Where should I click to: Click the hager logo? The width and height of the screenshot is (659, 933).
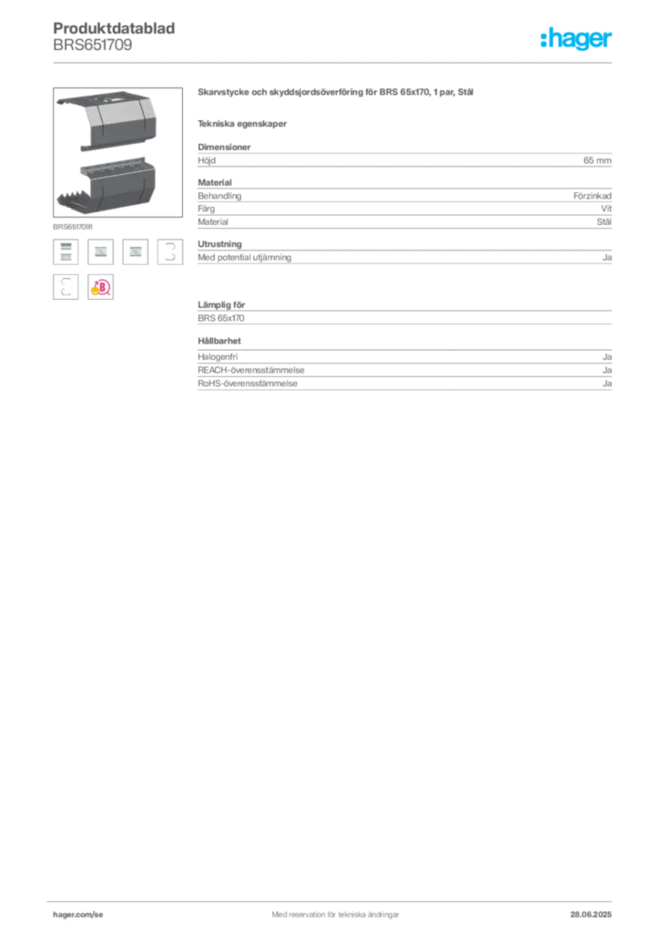(576, 38)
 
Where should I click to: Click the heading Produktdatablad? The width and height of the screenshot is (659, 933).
(114, 28)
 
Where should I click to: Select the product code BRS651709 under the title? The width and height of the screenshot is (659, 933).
(93, 46)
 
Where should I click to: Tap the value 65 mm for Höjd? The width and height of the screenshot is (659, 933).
(597, 160)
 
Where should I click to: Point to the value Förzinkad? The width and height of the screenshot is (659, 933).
(593, 196)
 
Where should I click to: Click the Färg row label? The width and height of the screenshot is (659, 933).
(207, 209)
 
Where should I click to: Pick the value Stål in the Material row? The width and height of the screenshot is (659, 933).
(604, 222)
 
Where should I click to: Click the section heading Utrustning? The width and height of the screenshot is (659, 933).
(220, 244)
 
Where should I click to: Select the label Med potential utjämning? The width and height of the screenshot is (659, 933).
(244, 258)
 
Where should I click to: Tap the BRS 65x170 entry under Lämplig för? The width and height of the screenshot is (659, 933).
(221, 318)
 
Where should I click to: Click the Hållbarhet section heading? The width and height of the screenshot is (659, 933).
(219, 341)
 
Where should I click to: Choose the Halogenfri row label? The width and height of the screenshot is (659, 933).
(218, 357)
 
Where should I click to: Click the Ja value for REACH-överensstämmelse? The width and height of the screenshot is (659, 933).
(607, 370)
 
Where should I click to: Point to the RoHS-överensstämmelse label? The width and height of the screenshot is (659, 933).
(248, 384)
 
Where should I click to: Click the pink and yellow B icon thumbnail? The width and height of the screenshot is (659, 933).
(100, 287)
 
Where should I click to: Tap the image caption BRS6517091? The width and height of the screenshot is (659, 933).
(73, 227)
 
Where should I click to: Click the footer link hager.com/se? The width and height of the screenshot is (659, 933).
(78, 915)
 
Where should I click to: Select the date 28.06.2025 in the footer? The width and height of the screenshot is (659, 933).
(591, 915)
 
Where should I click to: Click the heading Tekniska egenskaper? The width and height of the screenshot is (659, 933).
(242, 124)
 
